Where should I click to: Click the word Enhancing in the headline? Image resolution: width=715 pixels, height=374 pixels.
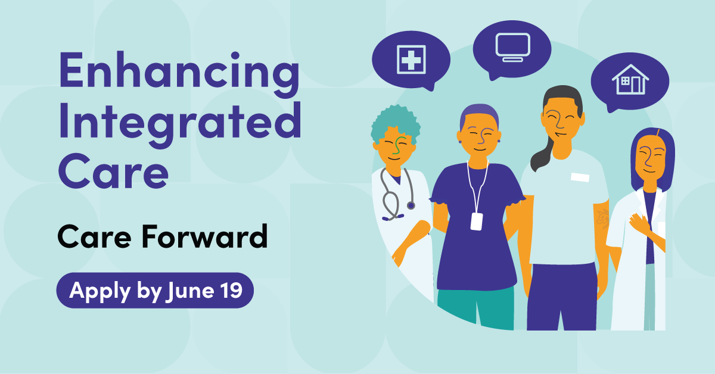(x=179, y=74)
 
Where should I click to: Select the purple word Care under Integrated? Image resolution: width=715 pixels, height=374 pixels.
(x=113, y=171)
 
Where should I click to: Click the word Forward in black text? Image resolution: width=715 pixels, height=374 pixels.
(x=204, y=236)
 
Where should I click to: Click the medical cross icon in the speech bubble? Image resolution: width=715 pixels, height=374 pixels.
(x=411, y=60)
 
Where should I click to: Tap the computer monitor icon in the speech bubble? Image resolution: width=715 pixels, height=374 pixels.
(x=512, y=47)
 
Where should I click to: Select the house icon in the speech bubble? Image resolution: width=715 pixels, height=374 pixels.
(x=630, y=79)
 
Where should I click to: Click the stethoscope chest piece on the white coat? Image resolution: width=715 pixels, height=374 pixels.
(x=411, y=205)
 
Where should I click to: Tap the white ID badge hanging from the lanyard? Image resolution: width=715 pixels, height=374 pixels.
(x=477, y=222)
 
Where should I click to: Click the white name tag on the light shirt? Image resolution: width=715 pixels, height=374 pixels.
(x=580, y=177)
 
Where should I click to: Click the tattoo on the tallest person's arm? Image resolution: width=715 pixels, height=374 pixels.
(x=602, y=219)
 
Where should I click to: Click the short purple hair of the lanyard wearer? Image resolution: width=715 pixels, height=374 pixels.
(x=479, y=113)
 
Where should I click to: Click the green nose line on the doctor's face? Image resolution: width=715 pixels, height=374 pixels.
(x=398, y=145)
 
